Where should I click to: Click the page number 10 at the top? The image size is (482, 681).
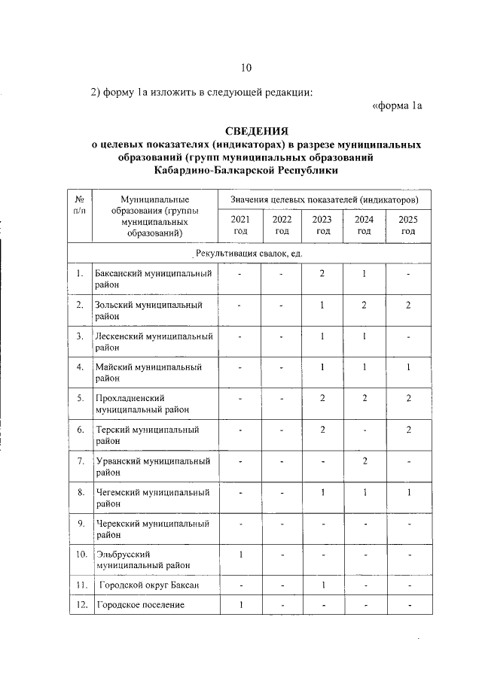[246, 68]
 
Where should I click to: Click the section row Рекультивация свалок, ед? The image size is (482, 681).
[249, 254]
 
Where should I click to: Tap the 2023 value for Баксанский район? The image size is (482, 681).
[322, 272]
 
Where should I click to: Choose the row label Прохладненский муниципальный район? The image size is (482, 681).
[142, 403]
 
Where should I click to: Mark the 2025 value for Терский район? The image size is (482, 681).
[407, 429]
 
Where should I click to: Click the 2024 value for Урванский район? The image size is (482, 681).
[364, 461]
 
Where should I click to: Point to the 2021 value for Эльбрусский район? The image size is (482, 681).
[240, 555]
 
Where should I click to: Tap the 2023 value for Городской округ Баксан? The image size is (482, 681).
[322, 584]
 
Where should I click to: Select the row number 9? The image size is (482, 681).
[80, 523]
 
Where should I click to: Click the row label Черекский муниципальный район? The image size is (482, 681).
[152, 528]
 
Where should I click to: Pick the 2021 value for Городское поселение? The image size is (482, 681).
[240, 605]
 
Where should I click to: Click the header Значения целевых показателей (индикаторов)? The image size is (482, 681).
[324, 199]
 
